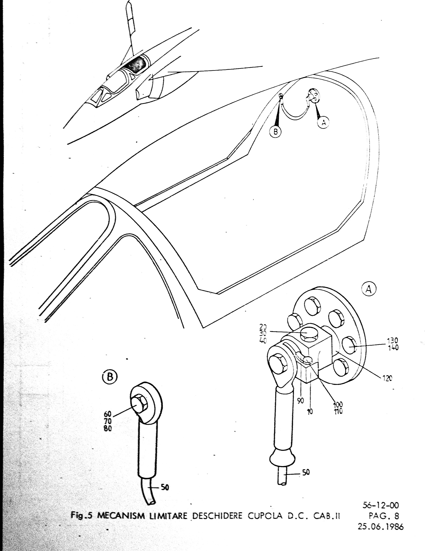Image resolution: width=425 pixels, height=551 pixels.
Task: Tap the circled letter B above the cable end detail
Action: click(110, 377)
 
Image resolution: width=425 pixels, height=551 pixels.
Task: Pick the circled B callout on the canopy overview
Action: click(276, 131)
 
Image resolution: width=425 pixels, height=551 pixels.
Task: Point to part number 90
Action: click(300, 401)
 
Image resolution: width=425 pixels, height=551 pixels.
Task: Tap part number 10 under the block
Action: click(310, 411)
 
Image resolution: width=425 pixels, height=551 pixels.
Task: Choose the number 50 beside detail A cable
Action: click(306, 472)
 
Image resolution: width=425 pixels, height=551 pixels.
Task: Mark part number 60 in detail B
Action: click(108, 414)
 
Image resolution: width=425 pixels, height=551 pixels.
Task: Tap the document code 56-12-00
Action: click(381, 505)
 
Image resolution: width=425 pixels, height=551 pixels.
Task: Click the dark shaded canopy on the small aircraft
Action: click(135, 64)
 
